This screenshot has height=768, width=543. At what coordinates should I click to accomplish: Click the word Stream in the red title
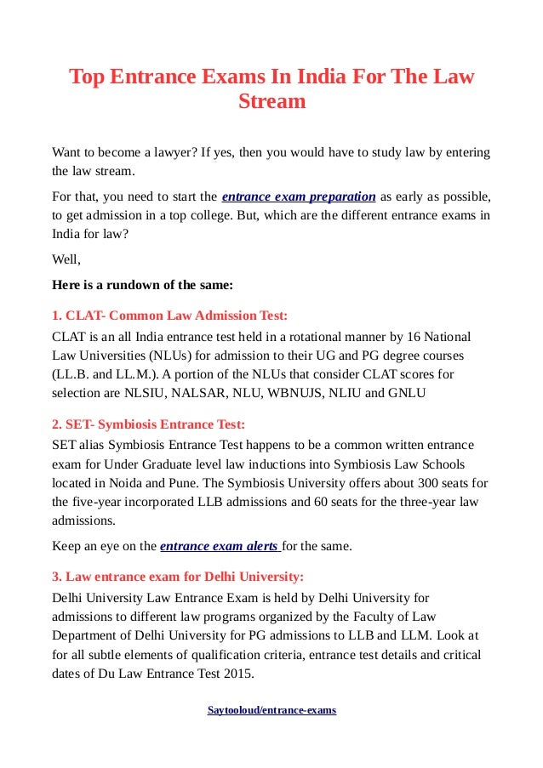[271, 102]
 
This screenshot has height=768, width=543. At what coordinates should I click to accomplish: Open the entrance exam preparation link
[298, 196]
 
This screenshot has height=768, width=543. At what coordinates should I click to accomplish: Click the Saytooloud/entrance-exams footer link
[271, 709]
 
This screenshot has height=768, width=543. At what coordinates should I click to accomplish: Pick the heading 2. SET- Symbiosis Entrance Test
[149, 424]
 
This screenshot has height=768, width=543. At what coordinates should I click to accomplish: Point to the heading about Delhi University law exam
[178, 575]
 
